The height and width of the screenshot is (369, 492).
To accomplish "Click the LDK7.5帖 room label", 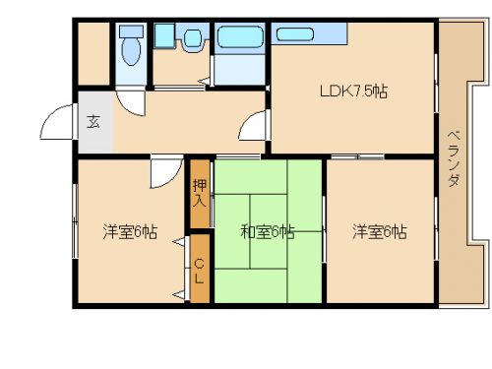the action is click(353, 92).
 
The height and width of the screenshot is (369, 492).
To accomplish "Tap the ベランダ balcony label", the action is click(454, 158).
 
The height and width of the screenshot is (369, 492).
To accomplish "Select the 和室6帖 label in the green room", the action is click(268, 232).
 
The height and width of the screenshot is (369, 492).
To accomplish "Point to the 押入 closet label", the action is click(200, 193).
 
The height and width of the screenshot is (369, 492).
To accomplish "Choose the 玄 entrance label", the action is click(93, 122).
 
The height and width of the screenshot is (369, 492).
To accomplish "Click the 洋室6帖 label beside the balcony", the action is click(380, 232).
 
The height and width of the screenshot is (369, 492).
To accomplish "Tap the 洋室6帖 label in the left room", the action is click(130, 232).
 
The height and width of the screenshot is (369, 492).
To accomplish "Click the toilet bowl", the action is click(131, 51).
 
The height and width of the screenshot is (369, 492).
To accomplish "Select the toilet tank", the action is click(132, 31).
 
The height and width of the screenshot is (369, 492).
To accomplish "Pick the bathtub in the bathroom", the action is click(240, 37).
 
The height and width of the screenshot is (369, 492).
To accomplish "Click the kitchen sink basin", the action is click(295, 34).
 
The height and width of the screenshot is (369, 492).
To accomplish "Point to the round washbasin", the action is click(192, 38).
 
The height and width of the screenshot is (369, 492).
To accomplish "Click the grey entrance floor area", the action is click(95, 122).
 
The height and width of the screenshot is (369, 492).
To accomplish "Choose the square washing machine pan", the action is click(164, 36).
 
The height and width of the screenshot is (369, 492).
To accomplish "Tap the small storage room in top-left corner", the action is click(93, 54).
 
